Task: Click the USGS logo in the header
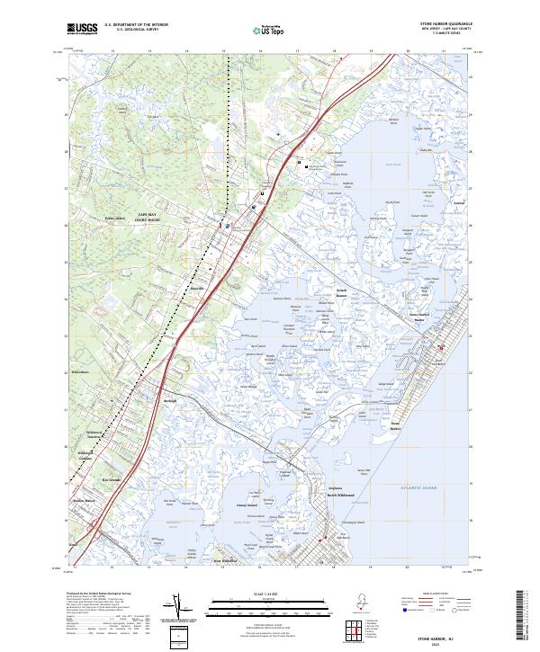click(83, 30)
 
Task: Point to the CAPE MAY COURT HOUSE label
click(148, 217)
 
